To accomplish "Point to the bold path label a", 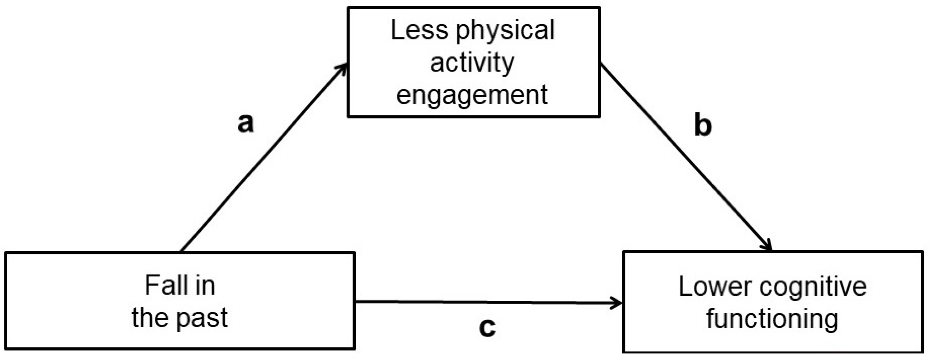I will point(246,123).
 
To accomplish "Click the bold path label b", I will point(703,126).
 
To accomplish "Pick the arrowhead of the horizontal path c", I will point(617,303).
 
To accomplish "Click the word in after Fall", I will point(204,286).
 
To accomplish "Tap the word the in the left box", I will point(148,318).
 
